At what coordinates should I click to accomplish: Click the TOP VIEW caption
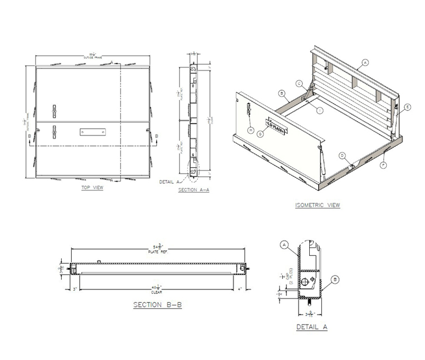pyautogui.click(x=92, y=187)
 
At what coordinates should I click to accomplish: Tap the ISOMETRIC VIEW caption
pyautogui.click(x=317, y=205)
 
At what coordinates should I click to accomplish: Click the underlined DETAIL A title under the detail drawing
pyautogui.click(x=311, y=327)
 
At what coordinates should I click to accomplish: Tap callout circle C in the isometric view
pyautogui.click(x=299, y=83)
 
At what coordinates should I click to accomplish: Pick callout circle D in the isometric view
pyautogui.click(x=343, y=156)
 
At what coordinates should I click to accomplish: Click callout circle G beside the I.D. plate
pyautogui.click(x=260, y=134)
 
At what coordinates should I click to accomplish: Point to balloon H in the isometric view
pyautogui.click(x=250, y=130)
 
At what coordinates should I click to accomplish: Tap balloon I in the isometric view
pyautogui.click(x=320, y=110)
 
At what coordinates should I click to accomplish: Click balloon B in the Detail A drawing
pyautogui.click(x=335, y=279)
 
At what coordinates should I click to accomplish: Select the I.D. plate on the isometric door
pyautogui.click(x=276, y=126)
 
